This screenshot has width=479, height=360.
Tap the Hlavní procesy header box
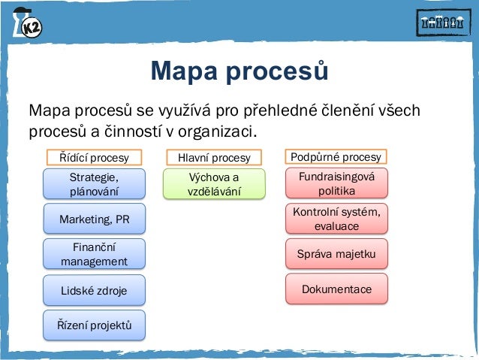point(214,158)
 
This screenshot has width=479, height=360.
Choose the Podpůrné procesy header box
point(336,157)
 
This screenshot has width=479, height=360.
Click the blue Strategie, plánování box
point(94,184)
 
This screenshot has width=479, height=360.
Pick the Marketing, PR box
point(94,219)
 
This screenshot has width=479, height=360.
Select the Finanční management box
point(94,254)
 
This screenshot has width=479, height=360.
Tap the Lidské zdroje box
point(94,289)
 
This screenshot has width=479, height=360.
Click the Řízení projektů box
point(94,325)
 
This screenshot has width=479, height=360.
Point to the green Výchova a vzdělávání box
point(214,184)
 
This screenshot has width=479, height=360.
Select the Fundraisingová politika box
point(336,183)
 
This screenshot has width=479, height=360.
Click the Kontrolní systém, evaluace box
point(336,219)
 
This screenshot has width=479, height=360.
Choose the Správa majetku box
point(336,254)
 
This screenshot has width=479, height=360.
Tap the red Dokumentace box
point(336,289)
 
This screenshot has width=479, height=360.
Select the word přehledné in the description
point(290,111)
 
